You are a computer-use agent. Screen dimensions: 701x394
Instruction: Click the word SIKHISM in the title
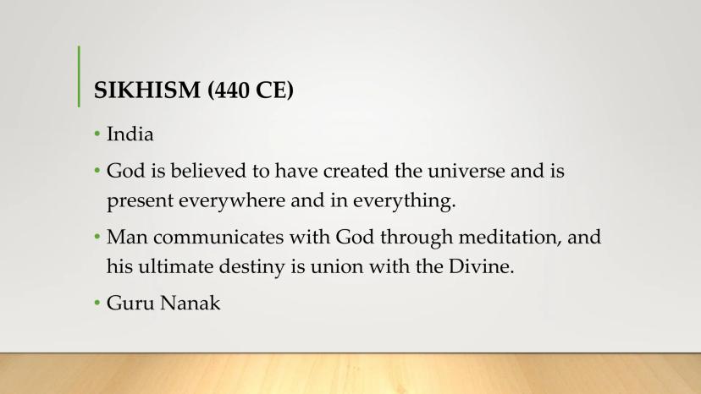pos(147,90)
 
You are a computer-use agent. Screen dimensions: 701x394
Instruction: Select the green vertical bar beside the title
pos(79,76)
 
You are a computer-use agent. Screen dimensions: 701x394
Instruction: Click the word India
pos(130,134)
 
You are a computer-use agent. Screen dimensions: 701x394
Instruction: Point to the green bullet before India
pos(97,134)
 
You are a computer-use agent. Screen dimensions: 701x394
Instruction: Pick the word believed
pos(208,171)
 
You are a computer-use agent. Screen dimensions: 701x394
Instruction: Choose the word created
pos(356,171)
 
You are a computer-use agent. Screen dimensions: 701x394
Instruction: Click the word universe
pos(466,171)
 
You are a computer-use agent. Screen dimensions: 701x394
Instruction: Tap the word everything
pos(404,201)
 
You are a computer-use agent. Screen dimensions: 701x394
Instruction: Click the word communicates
pos(218,238)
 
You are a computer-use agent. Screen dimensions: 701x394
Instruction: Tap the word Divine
pos(482,266)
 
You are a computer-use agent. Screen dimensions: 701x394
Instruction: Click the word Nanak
pos(190,303)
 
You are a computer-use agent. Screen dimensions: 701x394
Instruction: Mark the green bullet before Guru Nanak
pos(97,303)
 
